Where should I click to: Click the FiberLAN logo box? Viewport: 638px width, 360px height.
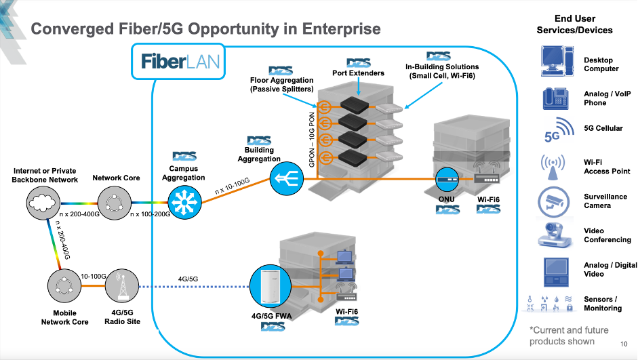click(180, 62)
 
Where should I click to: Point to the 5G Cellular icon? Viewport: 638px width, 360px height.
click(557, 131)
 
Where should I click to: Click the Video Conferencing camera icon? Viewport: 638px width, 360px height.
click(557, 235)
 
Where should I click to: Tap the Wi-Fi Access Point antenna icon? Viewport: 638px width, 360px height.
click(557, 167)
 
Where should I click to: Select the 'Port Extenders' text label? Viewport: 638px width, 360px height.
click(358, 73)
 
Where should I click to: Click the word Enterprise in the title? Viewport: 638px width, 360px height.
click(338, 29)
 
